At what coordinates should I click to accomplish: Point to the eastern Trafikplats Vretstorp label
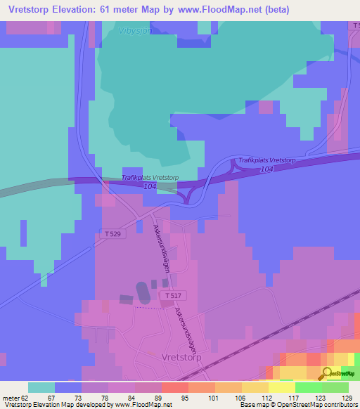pyautogui.click(x=268, y=161)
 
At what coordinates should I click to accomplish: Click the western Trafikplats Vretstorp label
pyautogui.click(x=151, y=178)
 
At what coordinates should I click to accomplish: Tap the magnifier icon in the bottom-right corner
pyautogui.click(x=328, y=375)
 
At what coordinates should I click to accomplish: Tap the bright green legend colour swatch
pyautogui.click(x=308, y=387)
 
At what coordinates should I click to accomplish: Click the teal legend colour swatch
pyautogui.click(x=41, y=387)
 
